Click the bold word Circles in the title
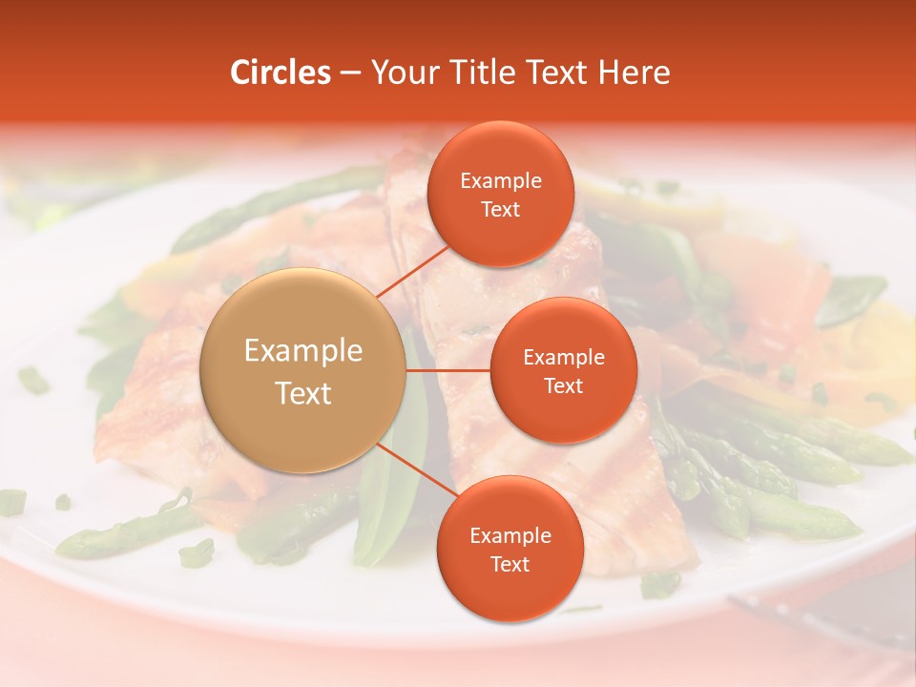pyautogui.click(x=281, y=73)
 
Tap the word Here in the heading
pyautogui.click(x=634, y=73)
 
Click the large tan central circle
pyautogui.click(x=303, y=370)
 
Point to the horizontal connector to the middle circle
pyautogui.click(x=448, y=370)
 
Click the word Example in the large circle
pyautogui.click(x=303, y=351)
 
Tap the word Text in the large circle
pyautogui.click(x=303, y=393)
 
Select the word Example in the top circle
pyautogui.click(x=500, y=180)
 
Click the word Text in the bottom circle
pyautogui.click(x=510, y=564)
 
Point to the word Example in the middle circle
pyautogui.click(x=563, y=357)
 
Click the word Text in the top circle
pyautogui.click(x=500, y=209)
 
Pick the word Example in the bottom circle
pyautogui.click(x=510, y=535)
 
